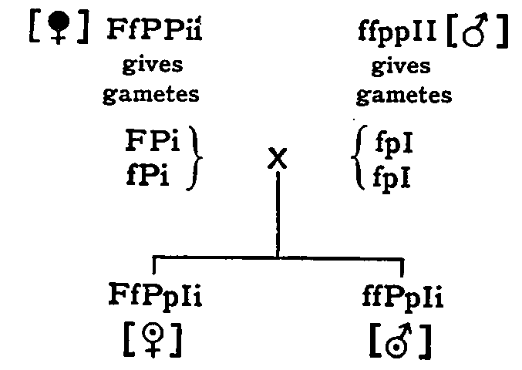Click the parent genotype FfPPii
coord(159,35)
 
